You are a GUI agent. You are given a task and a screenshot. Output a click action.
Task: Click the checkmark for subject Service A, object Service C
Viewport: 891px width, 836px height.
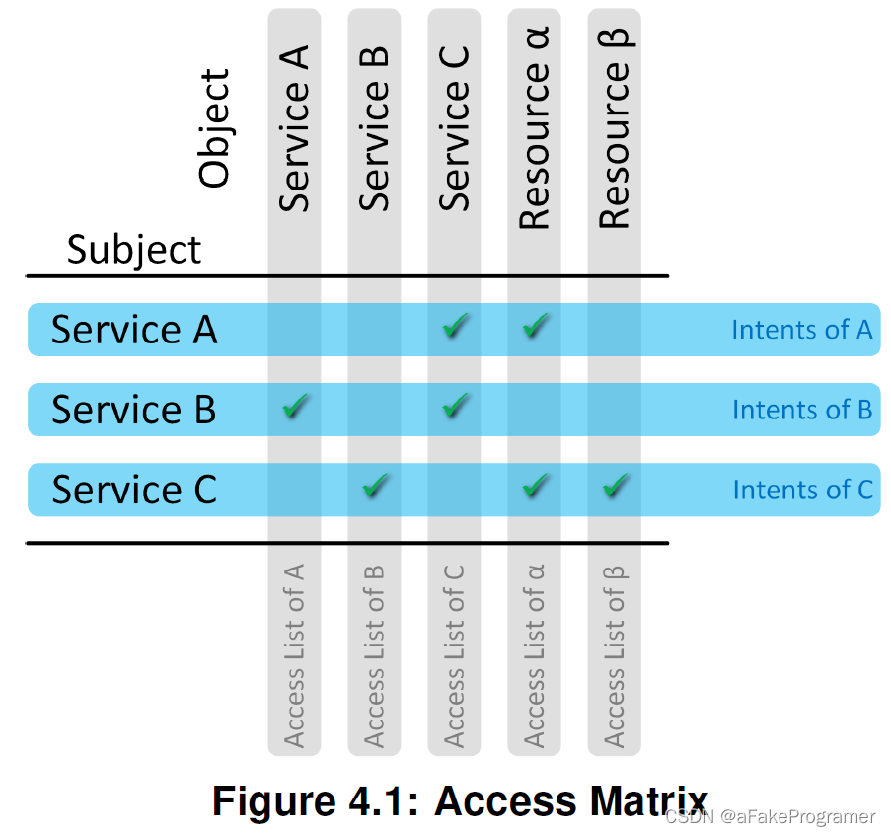pos(454,326)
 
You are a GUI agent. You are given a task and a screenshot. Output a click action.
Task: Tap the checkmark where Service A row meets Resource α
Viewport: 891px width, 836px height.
pos(535,326)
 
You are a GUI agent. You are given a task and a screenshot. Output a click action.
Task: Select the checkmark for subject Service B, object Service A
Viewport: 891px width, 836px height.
pos(295,406)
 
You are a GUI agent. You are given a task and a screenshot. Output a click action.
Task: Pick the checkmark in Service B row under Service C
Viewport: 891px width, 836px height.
pos(454,406)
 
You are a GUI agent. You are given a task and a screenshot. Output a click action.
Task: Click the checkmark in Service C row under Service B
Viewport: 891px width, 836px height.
pos(375,486)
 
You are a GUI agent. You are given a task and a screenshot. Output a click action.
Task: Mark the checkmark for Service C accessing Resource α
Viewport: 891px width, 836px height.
pos(535,486)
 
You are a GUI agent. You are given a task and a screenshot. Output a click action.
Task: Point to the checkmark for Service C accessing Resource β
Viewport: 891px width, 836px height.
pos(616,486)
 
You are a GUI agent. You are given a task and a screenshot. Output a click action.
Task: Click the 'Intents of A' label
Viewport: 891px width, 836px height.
pos(801,330)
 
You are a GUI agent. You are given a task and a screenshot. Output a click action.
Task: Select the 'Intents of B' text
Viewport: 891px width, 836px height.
pos(801,410)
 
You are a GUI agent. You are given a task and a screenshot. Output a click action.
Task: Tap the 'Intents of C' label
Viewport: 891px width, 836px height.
pos(801,490)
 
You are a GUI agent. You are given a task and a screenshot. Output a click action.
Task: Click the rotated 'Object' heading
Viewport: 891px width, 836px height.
pos(214,128)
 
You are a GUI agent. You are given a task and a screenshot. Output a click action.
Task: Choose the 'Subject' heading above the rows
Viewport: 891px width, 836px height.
pos(134,250)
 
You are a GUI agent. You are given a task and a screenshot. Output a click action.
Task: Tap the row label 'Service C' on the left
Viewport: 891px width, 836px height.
pos(134,490)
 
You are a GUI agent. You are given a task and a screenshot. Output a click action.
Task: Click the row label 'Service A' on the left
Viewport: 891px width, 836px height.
pos(134,330)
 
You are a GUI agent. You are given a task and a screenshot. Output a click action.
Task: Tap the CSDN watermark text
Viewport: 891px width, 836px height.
pos(770,817)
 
